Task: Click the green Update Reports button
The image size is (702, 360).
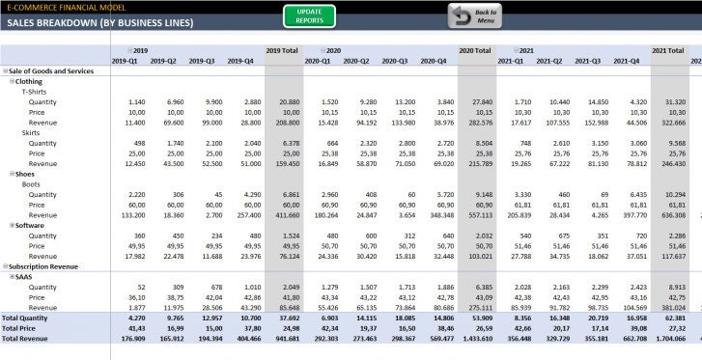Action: [309, 15]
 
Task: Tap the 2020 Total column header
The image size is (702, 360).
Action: [475, 50]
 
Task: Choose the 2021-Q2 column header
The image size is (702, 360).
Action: [549, 61]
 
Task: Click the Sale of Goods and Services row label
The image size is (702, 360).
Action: [50, 71]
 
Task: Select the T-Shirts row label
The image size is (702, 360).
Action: [36, 92]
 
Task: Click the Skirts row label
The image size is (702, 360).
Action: [31, 132]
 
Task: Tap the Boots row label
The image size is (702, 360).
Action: [31, 183]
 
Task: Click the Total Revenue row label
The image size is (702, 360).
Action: [25, 338]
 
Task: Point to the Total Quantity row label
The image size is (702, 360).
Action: [25, 318]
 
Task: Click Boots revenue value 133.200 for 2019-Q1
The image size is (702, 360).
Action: [129, 214]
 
